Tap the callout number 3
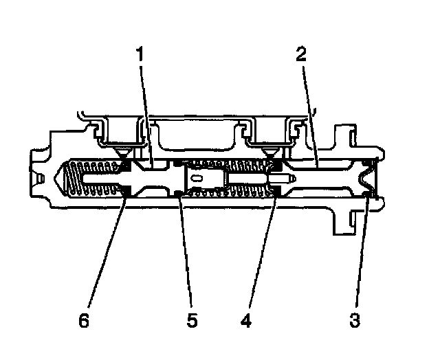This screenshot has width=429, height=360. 354,319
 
